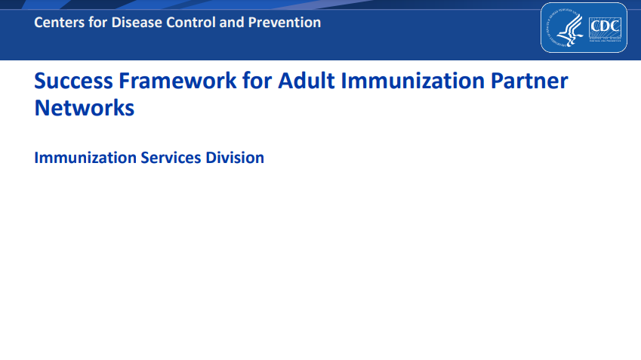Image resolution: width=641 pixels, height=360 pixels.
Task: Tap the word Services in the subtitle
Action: tap(171, 158)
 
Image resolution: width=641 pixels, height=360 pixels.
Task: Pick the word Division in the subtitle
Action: tap(235, 158)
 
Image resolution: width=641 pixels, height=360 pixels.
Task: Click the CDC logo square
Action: tap(604, 28)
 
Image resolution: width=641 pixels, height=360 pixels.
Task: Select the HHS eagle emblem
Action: tap(565, 28)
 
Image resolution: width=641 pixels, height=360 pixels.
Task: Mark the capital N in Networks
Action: tap(42, 108)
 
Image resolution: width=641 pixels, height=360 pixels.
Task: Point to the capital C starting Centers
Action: tap(39, 23)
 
